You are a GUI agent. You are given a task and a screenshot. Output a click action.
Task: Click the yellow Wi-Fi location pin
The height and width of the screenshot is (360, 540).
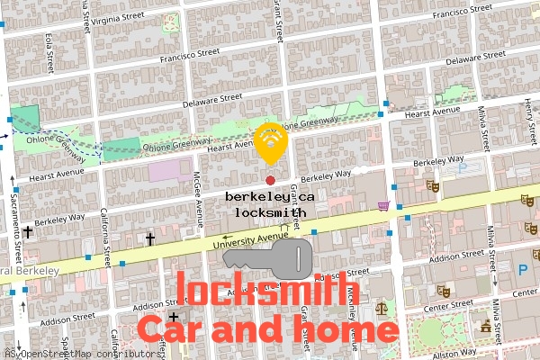pos(270,142)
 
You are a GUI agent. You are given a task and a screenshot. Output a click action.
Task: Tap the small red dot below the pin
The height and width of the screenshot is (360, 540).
pos(270,180)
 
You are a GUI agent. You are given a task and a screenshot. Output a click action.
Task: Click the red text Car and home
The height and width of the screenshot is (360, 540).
pos(267,328)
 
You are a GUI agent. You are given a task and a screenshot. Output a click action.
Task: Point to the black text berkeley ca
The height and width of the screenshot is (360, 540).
pos(270,195)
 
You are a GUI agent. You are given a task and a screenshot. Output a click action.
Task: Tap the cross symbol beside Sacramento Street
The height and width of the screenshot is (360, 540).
pos(28,231)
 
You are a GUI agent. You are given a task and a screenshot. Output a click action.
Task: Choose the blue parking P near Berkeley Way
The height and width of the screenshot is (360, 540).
pos(463,168)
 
